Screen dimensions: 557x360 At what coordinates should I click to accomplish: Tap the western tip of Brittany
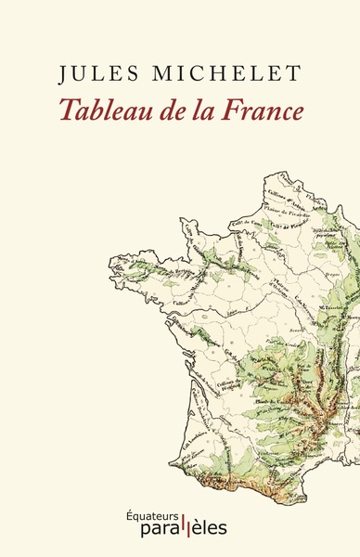[x=112, y=269]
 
